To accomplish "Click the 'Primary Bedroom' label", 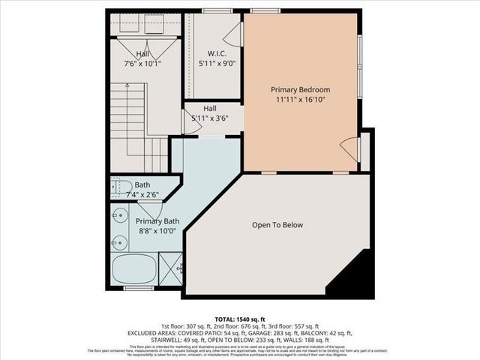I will tap(300, 90).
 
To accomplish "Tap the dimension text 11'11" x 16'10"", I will tap(300, 100).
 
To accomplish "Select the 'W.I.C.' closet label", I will tap(217, 54).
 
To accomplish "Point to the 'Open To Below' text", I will tap(277, 224).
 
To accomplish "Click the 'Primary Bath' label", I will tap(157, 221).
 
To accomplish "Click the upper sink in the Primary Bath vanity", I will tap(118, 214).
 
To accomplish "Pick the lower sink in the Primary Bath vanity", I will tap(118, 241).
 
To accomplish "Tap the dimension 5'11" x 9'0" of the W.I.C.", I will tap(217, 64).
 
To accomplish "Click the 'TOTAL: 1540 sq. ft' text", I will tap(239, 319).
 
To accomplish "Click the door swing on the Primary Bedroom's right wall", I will tap(349, 148).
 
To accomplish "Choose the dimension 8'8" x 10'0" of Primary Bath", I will tap(157, 231).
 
